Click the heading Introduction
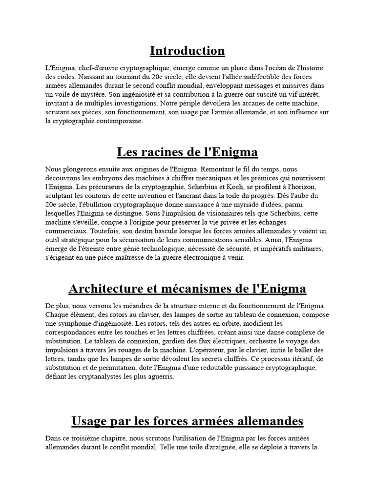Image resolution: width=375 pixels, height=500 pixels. [x=187, y=51]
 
